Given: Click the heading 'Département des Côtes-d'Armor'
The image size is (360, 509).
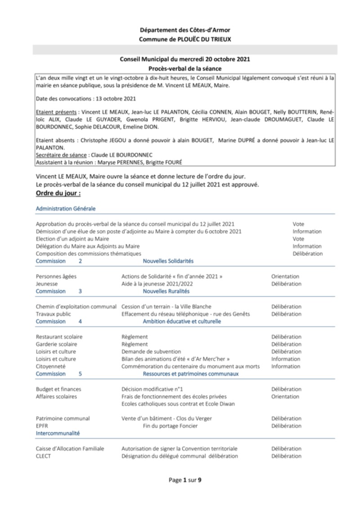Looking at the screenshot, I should [184, 30].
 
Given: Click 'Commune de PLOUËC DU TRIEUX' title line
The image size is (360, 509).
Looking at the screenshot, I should [184, 39].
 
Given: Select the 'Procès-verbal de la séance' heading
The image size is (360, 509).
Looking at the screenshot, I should [185, 68].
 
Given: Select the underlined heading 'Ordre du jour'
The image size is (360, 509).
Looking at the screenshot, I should [58, 193].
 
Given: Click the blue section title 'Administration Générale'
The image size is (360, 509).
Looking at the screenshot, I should [65, 209].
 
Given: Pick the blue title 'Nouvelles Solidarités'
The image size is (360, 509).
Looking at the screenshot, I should [168, 261].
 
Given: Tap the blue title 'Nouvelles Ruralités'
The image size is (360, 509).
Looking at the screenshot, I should [166, 291].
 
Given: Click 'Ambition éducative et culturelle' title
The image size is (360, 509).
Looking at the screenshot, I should [182, 321].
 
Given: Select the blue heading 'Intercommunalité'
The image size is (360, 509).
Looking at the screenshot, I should [58, 433].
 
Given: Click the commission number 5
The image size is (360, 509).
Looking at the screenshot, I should [80, 374].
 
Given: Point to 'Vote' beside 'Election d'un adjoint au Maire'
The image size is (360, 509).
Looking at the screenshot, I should [298, 239].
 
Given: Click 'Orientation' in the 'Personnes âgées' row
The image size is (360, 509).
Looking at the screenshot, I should [285, 277].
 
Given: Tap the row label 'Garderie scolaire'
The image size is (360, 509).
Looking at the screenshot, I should [56, 344].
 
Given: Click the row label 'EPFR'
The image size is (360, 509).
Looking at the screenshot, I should [42, 426].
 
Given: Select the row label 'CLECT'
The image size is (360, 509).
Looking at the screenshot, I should [43, 456].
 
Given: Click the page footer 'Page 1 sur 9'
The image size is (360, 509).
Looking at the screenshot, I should [185, 480].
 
